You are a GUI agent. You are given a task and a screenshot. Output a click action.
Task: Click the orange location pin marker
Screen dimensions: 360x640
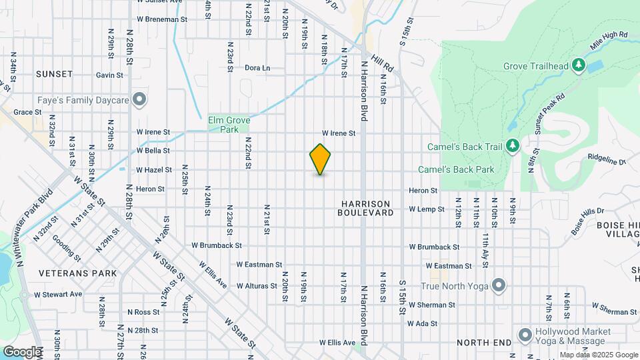tap(320, 159)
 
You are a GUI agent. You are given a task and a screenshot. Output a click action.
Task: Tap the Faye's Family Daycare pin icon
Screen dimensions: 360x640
tap(139, 99)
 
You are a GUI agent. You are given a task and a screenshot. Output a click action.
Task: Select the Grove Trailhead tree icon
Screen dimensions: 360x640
tap(579, 65)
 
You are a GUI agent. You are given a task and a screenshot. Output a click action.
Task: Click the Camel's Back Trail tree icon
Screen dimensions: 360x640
tap(512, 145)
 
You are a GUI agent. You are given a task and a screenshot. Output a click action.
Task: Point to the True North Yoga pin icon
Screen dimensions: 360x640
tap(498, 287)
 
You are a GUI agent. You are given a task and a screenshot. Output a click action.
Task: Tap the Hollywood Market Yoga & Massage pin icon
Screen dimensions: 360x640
tap(525, 334)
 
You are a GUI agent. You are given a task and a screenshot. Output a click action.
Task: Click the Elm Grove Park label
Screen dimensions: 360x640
tap(229, 125)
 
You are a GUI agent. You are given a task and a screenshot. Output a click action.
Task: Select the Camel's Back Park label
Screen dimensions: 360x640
tap(456, 169)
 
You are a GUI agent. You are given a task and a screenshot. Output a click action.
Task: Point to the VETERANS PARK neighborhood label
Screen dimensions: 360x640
tap(77, 273)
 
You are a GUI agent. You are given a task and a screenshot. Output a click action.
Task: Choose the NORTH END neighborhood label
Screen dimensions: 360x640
tap(483, 343)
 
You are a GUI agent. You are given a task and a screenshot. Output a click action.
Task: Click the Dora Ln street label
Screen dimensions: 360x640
tap(257, 68)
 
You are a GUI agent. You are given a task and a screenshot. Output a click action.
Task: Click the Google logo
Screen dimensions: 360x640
tap(22, 351)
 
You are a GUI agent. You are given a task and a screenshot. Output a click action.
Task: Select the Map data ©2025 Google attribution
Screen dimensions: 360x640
tap(598, 355)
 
